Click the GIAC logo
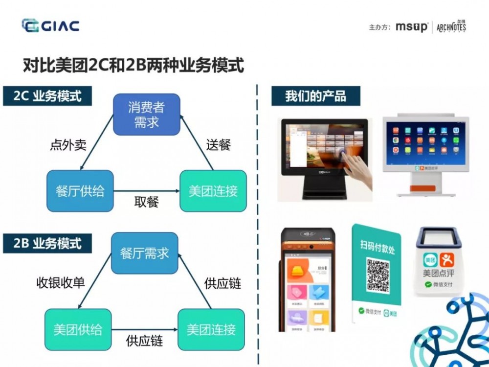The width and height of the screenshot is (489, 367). [x=50, y=25]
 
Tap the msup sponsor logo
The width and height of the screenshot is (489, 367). [x=411, y=27]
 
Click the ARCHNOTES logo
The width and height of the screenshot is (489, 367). [x=451, y=26]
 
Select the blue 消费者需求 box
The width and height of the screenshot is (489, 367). [x=147, y=115]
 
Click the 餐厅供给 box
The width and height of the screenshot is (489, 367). [x=80, y=191]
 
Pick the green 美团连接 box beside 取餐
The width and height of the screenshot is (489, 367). [x=213, y=191]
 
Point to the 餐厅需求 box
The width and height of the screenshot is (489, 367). [x=145, y=253]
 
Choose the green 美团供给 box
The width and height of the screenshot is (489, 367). [x=78, y=329]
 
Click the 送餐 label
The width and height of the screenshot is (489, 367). [x=218, y=145]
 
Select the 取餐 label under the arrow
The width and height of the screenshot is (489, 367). [x=147, y=202]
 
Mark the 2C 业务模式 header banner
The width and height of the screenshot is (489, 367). [x=47, y=95]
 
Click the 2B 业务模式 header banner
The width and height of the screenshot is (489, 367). [x=47, y=244]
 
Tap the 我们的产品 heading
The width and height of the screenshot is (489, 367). [x=315, y=95]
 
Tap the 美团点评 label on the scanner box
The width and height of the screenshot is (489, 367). [x=438, y=273]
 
